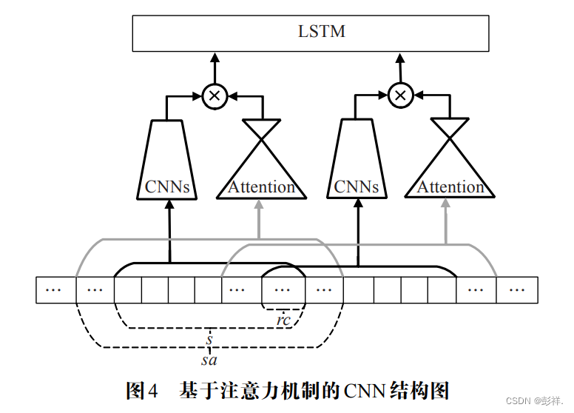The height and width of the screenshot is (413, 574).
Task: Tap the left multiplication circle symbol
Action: pyautogui.click(x=215, y=95)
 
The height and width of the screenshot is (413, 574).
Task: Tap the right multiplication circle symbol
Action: pyautogui.click(x=400, y=95)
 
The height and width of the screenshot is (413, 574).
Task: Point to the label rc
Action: pyautogui.click(x=283, y=320)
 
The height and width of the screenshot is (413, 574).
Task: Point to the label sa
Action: pyautogui.click(x=209, y=360)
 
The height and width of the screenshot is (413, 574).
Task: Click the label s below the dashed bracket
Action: pyautogui.click(x=210, y=340)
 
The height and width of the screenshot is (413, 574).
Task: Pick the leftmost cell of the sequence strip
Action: pyautogui.click(x=55, y=289)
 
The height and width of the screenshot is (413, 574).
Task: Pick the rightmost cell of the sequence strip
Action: pyautogui.click(x=516, y=289)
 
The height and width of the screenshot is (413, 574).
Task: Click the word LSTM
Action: pyautogui.click(x=311, y=33)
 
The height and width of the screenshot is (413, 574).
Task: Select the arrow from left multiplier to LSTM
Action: pyautogui.click(x=215, y=68)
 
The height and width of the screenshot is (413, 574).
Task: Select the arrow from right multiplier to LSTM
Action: pyautogui.click(x=400, y=68)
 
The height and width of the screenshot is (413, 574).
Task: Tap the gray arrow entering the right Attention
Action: pyautogui.click(x=446, y=222)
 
